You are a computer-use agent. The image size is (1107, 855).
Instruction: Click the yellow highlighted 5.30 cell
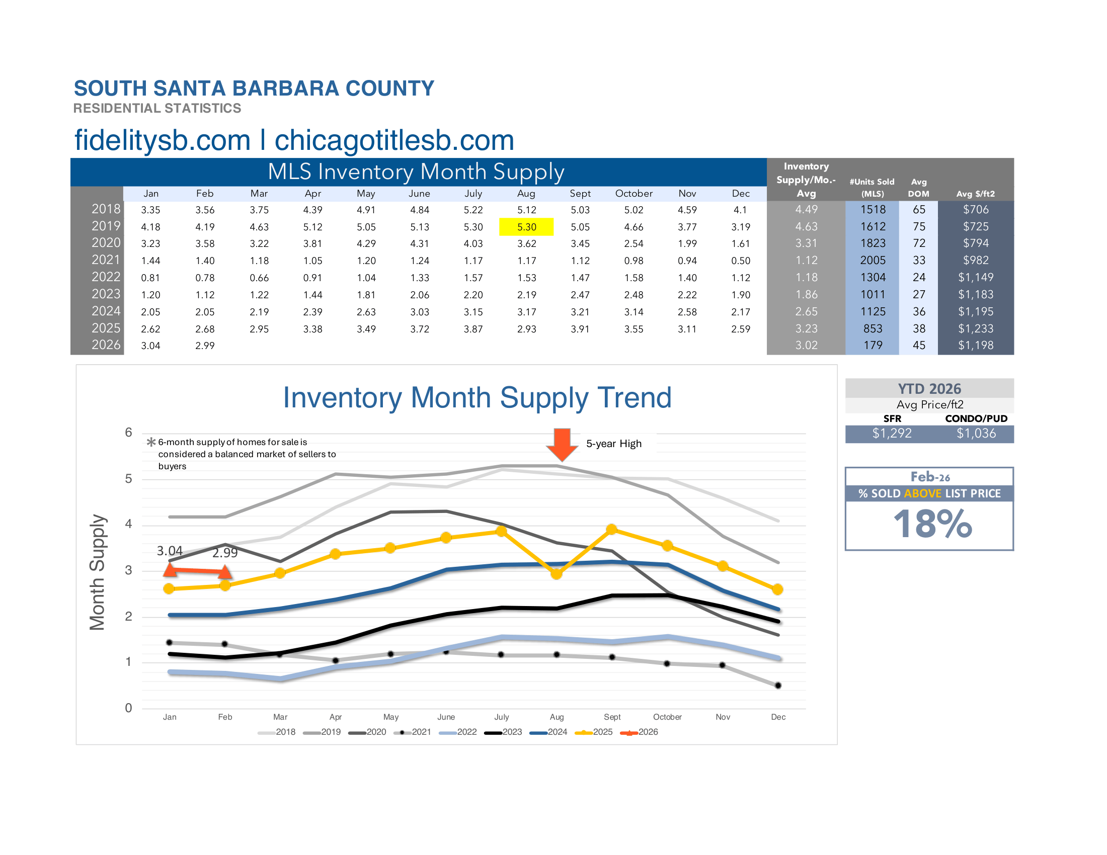pyautogui.click(x=526, y=227)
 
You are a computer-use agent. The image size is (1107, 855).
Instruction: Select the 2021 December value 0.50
pyautogui.click(x=740, y=261)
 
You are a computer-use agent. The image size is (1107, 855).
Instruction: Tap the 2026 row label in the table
pyautogui.click(x=106, y=345)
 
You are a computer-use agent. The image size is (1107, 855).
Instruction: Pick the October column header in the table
pyautogui.click(x=634, y=194)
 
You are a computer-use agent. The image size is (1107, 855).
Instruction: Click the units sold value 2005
pyautogui.click(x=873, y=261)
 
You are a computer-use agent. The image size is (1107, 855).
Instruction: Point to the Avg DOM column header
pyautogui.click(x=918, y=188)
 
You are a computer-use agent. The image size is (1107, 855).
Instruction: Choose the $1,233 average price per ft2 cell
pyautogui.click(x=975, y=329)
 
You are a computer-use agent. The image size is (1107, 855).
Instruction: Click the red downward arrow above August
pyautogui.click(x=562, y=444)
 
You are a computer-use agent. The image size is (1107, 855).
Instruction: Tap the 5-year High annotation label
pyautogui.click(x=613, y=444)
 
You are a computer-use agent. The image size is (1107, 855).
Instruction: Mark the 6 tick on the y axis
pyautogui.click(x=128, y=433)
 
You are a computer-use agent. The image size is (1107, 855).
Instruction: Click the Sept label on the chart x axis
pyautogui.click(x=612, y=717)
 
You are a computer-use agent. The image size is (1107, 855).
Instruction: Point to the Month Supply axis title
pyautogui.click(x=97, y=572)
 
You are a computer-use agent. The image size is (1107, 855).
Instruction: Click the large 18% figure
pyautogui.click(x=931, y=524)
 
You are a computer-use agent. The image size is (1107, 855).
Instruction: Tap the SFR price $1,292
pyautogui.click(x=892, y=434)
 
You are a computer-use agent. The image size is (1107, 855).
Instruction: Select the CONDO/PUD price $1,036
pyautogui.click(x=976, y=434)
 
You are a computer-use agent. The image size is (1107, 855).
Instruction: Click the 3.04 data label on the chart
pyautogui.click(x=169, y=551)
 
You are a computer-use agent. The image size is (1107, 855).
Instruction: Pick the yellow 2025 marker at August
pyautogui.click(x=556, y=574)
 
